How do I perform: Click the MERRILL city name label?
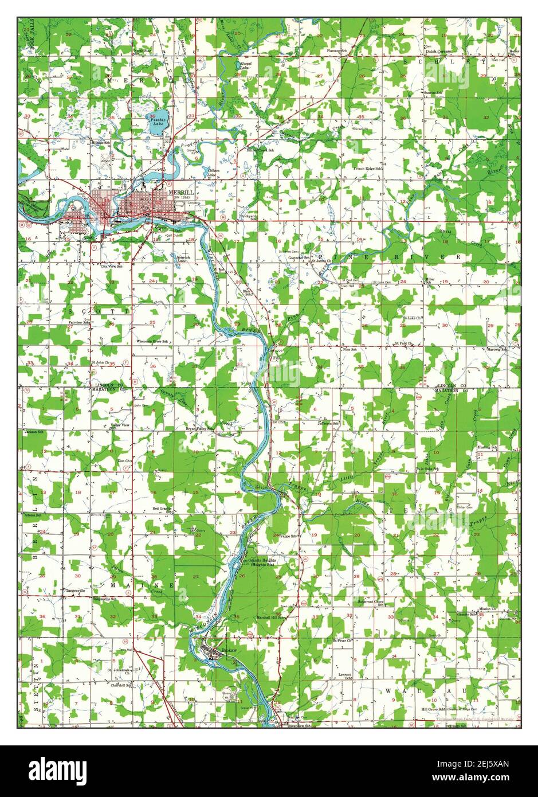pos(180,193)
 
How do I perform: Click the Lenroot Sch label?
pos(344,676)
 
